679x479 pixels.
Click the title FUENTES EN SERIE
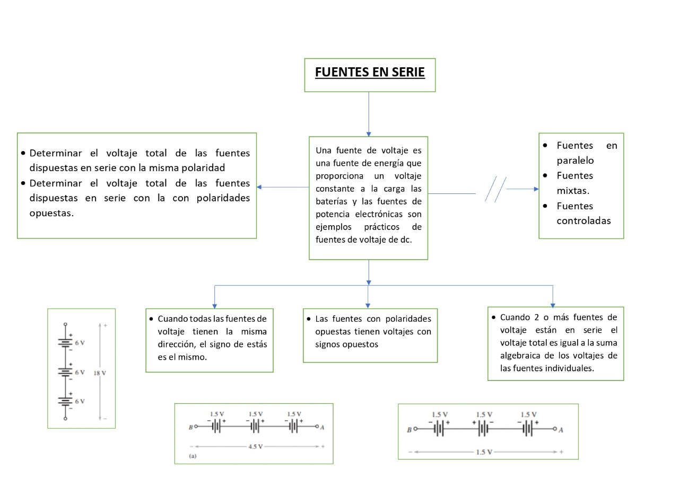click(370, 72)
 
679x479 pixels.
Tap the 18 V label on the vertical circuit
click(100, 372)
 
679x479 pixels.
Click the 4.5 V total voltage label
click(255, 447)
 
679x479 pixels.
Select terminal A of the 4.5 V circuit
click(318, 427)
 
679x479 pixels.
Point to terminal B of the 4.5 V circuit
click(195, 427)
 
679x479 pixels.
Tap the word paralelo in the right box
click(575, 161)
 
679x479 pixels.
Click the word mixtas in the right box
click(573, 191)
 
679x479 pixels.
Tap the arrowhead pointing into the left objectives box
click(259, 187)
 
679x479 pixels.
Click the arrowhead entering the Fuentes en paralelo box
click(536, 189)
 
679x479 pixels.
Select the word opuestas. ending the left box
click(51, 213)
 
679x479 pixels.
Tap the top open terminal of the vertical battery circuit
click(65, 324)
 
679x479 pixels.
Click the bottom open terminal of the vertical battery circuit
click(65, 419)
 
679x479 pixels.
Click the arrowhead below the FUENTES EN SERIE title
click(369, 134)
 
